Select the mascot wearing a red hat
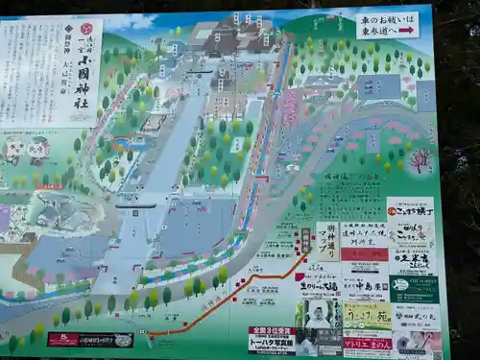tap(38, 149)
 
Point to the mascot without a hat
tap(14, 149)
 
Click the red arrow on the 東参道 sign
tap(406, 30)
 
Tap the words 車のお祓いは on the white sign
tap(387, 18)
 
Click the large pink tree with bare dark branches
tap(420, 158)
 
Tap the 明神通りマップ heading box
tap(326, 241)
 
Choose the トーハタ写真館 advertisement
tap(272, 340)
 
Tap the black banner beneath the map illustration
tap(90, 340)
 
